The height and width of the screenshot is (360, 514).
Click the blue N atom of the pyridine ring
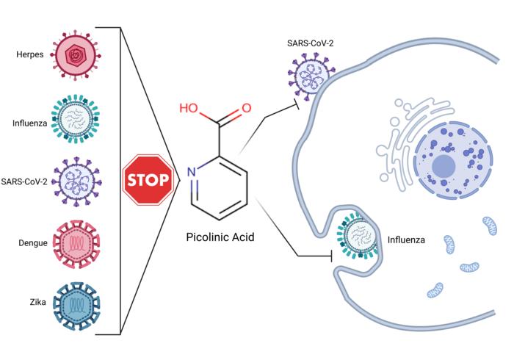[191, 173]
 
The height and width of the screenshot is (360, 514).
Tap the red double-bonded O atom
[247, 108]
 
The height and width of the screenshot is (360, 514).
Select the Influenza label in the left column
[29, 123]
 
